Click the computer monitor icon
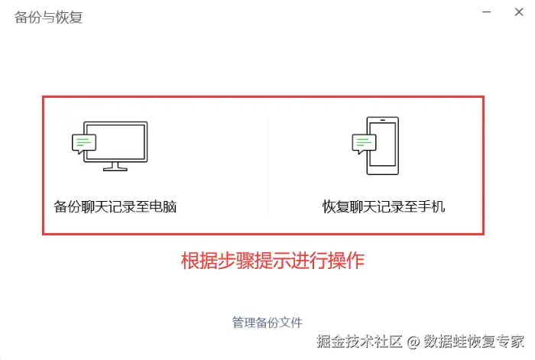tap(115, 142)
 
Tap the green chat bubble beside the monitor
tap(84, 142)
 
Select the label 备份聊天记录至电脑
tap(115, 206)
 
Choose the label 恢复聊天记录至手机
tap(384, 206)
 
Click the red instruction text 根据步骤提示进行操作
tap(272, 260)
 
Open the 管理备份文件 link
tap(267, 323)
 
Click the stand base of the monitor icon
tap(115, 167)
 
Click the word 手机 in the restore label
tap(433, 206)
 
